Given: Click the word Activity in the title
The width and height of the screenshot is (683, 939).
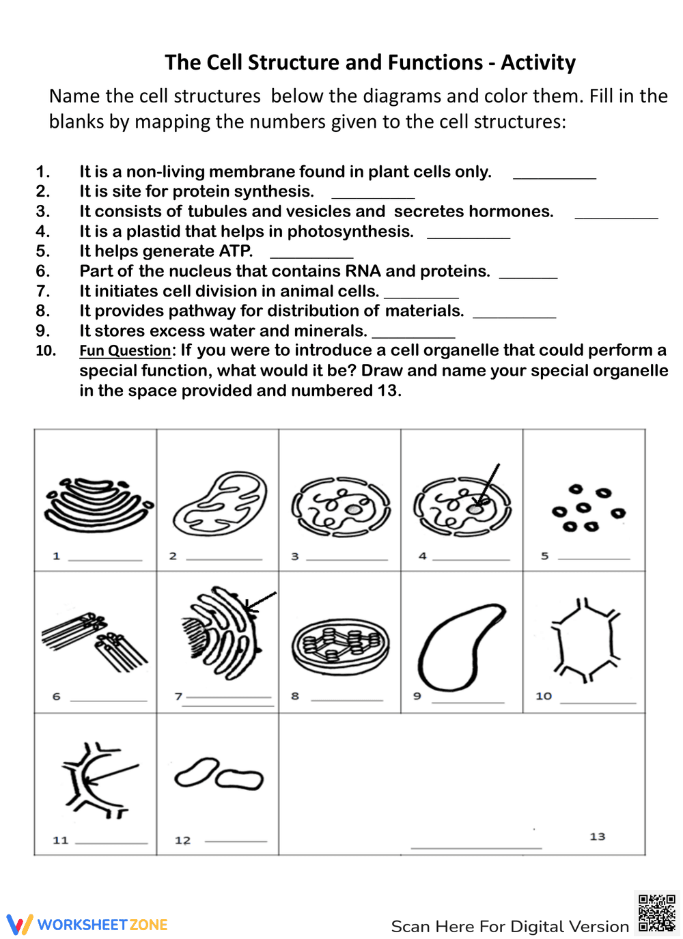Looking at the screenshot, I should tap(538, 63).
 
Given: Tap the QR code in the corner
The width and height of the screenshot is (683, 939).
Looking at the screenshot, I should tap(656, 913).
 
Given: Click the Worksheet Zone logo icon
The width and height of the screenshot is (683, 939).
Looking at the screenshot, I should tap(19, 924).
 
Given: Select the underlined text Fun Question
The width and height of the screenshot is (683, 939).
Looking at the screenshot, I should tap(125, 351).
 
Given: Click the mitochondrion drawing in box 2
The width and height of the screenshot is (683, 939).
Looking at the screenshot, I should tap(220, 503).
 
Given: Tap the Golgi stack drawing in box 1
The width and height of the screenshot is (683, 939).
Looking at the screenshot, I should tap(97, 505).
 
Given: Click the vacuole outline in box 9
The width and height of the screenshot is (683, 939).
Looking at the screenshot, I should tap(460, 646).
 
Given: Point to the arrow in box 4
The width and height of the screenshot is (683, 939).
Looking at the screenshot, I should tap(489, 484).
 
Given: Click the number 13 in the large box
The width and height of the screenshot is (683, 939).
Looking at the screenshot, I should tap(597, 837).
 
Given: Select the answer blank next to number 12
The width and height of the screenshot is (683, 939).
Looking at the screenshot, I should tap(236, 841).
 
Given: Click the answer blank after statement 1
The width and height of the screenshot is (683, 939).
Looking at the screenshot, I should tap(554, 177).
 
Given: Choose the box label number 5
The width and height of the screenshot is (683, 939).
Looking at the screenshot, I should tap(544, 556).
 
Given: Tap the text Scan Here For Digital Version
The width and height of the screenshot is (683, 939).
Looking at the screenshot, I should tap(510, 927).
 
